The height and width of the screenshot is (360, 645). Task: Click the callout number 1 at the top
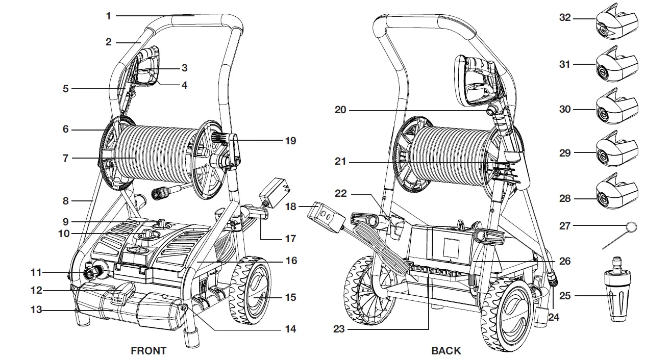click(x=108, y=16)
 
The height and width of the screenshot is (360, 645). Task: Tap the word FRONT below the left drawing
click(x=148, y=351)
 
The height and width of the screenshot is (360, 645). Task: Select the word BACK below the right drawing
click(x=446, y=351)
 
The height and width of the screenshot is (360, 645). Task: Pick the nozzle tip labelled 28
click(x=616, y=194)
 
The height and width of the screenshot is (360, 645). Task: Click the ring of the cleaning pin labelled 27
click(x=632, y=226)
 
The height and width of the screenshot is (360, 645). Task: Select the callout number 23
click(x=339, y=329)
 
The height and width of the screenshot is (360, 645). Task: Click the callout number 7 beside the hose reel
click(x=65, y=158)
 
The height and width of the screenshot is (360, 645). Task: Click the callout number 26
click(x=564, y=261)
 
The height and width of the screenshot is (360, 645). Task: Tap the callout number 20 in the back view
click(x=341, y=109)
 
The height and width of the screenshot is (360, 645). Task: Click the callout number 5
click(x=65, y=88)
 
